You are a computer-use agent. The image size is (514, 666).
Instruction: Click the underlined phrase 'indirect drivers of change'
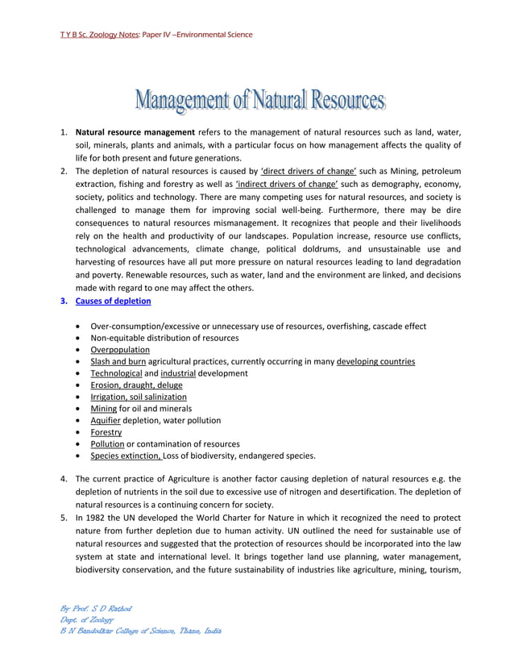pyautogui.click(x=275, y=184)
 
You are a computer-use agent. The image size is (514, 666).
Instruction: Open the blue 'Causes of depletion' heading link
pyautogui.click(x=113, y=302)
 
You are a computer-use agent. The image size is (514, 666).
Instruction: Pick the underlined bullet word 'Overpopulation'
pyautogui.click(x=120, y=350)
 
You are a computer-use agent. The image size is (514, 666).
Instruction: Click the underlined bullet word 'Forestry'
pyautogui.click(x=106, y=432)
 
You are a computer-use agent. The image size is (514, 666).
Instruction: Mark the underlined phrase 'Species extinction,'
pyautogui.click(x=126, y=456)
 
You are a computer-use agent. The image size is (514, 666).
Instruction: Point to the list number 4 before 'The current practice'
pyautogui.click(x=64, y=479)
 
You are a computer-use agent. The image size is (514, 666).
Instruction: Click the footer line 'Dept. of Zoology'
pyautogui.click(x=89, y=619)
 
